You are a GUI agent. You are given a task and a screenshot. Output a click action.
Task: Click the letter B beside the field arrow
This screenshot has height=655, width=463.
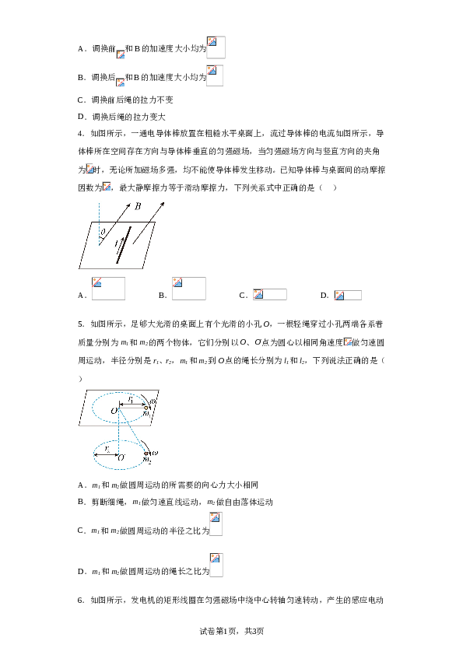coord(138,207)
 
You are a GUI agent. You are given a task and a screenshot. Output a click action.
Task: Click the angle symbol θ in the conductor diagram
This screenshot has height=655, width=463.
coord(103,230)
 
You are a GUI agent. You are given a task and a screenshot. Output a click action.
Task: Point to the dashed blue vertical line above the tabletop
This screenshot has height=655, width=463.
coord(99,216)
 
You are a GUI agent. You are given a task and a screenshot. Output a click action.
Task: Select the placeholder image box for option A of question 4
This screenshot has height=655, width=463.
coord(108,289)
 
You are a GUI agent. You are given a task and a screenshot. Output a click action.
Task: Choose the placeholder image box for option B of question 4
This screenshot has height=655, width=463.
coord(188,289)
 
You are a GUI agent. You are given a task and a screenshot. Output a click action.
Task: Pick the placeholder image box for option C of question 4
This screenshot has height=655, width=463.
coord(269,294)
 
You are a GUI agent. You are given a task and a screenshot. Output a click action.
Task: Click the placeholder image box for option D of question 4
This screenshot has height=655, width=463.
coord(347,295)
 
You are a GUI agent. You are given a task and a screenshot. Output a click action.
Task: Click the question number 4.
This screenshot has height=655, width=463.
coord(80,133)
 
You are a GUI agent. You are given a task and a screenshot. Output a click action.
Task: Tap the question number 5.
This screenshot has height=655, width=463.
coord(80,324)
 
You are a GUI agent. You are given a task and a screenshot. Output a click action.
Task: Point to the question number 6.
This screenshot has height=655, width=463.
coord(80,600)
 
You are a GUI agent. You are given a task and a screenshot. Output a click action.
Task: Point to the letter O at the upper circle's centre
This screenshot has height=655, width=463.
coord(114,410)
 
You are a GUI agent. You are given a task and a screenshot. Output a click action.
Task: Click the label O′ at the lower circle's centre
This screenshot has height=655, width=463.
coord(121,458)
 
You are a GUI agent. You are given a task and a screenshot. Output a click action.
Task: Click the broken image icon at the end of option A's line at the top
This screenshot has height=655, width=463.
coord(216,47)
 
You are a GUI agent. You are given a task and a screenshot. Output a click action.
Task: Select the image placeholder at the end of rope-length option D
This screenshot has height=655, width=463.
coord(216,566)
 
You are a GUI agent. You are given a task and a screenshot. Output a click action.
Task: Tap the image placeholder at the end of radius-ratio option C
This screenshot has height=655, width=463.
coord(216,524)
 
